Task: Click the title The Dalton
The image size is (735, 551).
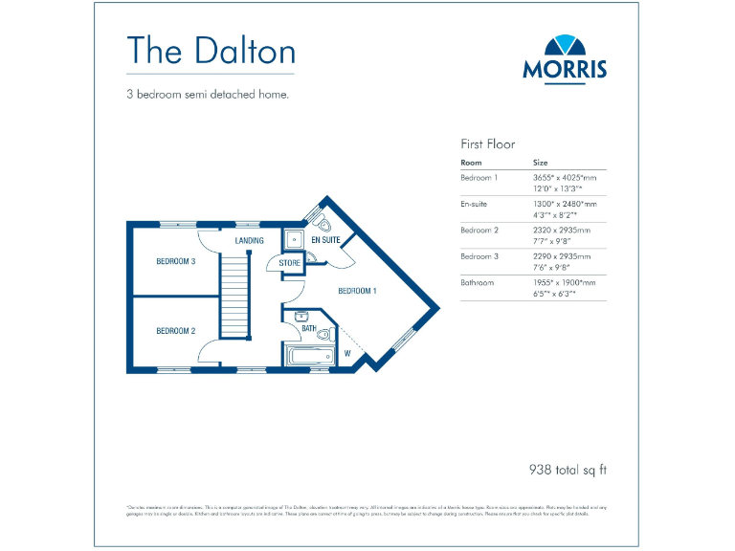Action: [211, 50]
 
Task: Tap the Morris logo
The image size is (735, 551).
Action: [565, 58]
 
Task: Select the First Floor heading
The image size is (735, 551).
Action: [488, 144]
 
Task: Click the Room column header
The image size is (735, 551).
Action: [471, 163]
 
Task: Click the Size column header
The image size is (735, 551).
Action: [541, 163]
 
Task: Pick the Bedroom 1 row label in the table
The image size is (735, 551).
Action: [479, 178]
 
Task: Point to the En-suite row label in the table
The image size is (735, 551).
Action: [476, 204]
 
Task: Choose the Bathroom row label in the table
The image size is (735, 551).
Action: [478, 283]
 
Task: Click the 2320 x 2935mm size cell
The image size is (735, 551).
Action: [562, 231]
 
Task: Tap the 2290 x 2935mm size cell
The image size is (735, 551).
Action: [562, 256]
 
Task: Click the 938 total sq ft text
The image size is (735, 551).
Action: [568, 470]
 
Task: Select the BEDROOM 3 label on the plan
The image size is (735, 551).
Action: [176, 260]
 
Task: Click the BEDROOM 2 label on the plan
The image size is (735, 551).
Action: [176, 331]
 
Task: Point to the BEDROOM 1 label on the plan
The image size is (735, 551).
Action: [358, 290]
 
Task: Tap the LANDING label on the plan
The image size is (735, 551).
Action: [249, 241]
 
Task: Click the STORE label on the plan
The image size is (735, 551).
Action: [290, 263]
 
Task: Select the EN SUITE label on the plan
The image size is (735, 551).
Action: [325, 239]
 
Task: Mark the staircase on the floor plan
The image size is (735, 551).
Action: [234, 297]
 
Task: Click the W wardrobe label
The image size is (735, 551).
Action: [347, 354]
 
